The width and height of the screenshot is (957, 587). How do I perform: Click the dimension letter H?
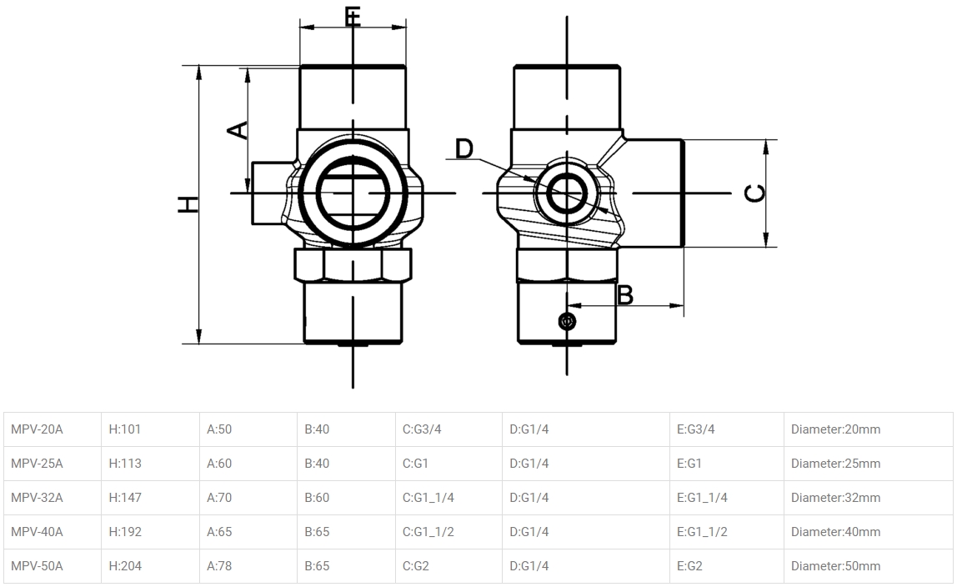pos(189,203)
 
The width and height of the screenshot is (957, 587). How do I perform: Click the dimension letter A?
pos(238,129)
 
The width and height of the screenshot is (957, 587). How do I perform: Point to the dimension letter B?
pos(624,294)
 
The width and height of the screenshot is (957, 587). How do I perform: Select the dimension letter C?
pos(754,193)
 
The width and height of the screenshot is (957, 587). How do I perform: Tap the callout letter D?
pos(464,149)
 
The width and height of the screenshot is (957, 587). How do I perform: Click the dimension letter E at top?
pos(353,17)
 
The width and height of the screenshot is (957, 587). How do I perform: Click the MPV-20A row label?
pos(38,429)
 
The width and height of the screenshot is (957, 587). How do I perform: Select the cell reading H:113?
pos(125,464)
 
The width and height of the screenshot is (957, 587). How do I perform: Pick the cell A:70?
pos(219,498)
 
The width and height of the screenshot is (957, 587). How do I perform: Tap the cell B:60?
pos(317,498)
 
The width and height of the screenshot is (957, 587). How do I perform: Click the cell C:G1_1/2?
pos(428,532)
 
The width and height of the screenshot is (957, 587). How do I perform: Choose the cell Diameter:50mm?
pos(835,566)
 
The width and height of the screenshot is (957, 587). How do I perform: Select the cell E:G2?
pos(689,566)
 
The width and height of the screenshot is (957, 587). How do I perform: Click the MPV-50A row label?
pos(38,566)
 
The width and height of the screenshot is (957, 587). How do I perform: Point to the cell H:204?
pos(125,566)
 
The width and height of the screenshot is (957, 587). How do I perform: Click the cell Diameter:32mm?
pos(835,498)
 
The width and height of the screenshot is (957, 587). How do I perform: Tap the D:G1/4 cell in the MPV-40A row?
pos(529,532)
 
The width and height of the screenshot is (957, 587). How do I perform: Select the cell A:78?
pos(219,566)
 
